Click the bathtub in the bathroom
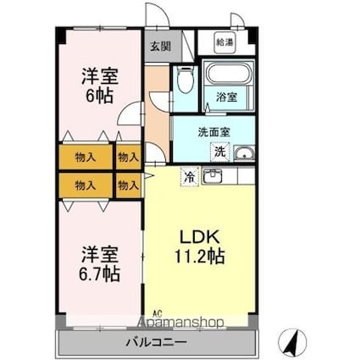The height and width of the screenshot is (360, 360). pos(224,75)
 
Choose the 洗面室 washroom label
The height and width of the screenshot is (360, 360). pos(213,132)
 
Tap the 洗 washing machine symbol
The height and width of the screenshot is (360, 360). pos(219,152)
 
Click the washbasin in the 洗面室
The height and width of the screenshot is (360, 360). pos(244,153)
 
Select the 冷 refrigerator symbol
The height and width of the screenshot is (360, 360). pos(189,178)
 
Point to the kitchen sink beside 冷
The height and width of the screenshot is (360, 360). pos(213,177)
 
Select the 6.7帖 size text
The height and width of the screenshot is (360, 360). pos(100,274)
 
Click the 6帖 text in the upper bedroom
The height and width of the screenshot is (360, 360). pos(99,96)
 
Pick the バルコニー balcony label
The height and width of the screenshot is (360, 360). pos(156,344)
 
